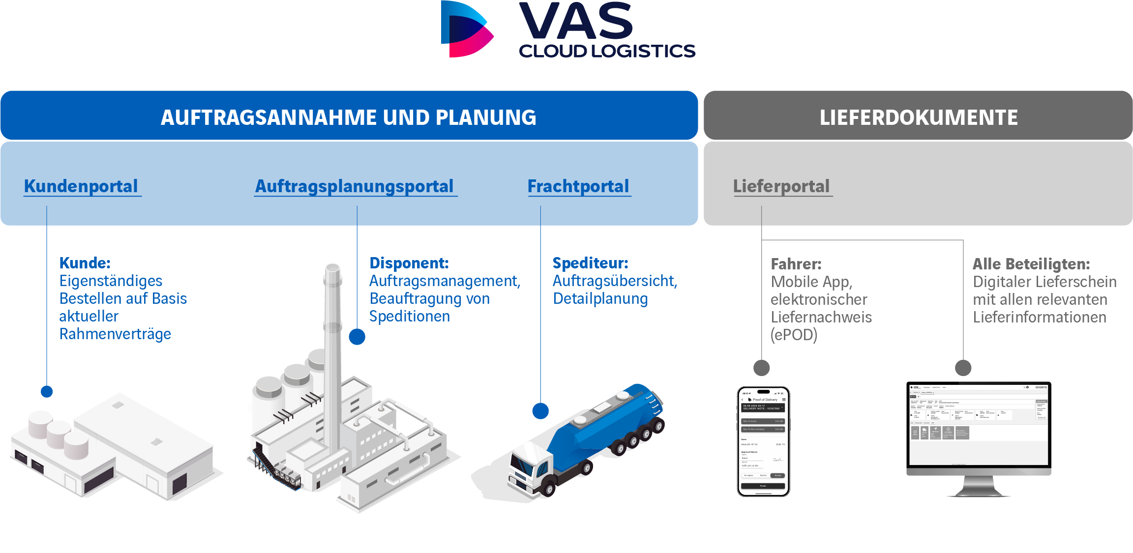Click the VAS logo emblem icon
tap(466, 29)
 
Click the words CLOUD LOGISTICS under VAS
tap(607, 51)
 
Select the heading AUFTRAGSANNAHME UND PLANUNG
tap(348, 117)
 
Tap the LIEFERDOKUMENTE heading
tap(918, 117)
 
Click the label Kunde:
tap(85, 263)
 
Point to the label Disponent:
tap(409, 263)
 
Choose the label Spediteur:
tap(590, 263)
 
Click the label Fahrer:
tap(796, 264)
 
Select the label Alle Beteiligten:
tap(1031, 264)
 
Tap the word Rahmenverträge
tap(115, 334)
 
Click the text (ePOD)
tap(794, 335)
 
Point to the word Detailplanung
tap(600, 299)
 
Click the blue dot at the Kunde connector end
tap(47, 391)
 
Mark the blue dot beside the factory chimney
tap(357, 337)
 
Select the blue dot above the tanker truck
tap(540, 411)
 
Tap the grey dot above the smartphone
tap(762, 368)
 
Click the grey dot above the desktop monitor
tap(963, 368)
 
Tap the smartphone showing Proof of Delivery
tap(763, 441)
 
